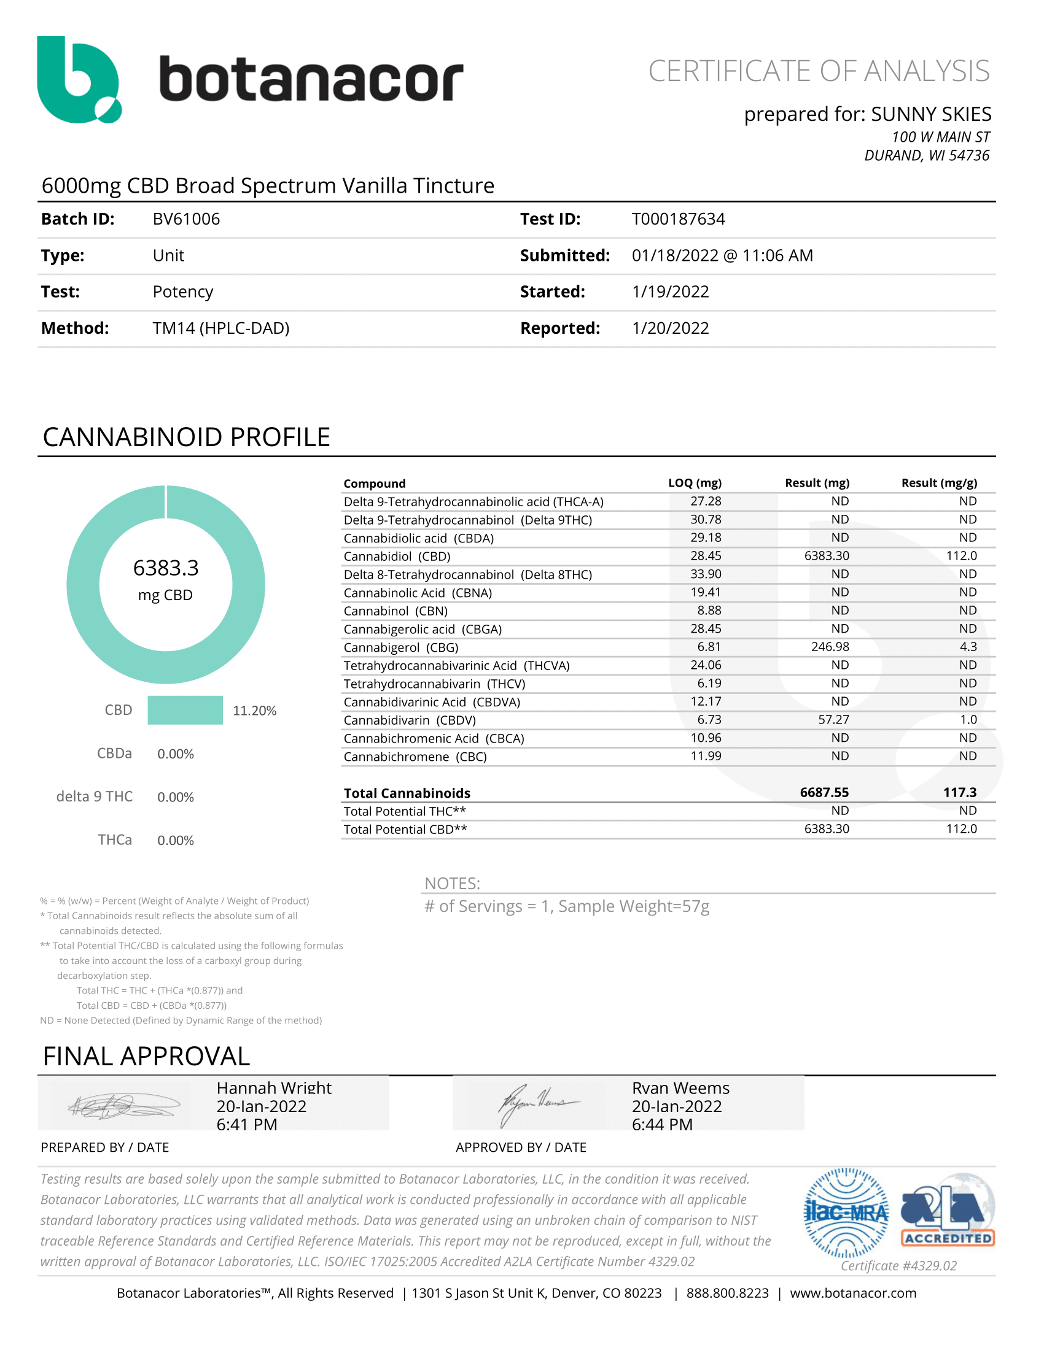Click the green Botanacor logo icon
click(x=79, y=80)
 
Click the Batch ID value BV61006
click(x=186, y=220)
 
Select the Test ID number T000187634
click(x=678, y=220)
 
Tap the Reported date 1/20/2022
click(x=670, y=328)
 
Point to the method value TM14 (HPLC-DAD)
click(x=221, y=328)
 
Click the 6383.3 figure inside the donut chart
click(x=166, y=568)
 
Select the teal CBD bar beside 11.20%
click(x=185, y=710)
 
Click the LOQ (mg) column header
click(x=695, y=483)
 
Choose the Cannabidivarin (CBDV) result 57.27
click(x=833, y=720)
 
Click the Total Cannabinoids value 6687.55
click(x=824, y=792)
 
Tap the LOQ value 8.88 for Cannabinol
click(x=709, y=610)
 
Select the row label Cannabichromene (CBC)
click(x=415, y=757)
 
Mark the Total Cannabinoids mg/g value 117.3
click(x=959, y=792)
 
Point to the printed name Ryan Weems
click(x=680, y=1089)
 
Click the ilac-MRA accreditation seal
click(x=846, y=1213)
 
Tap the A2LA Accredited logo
click(x=948, y=1210)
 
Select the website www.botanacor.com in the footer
click(x=853, y=1293)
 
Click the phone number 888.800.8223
click(x=727, y=1293)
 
